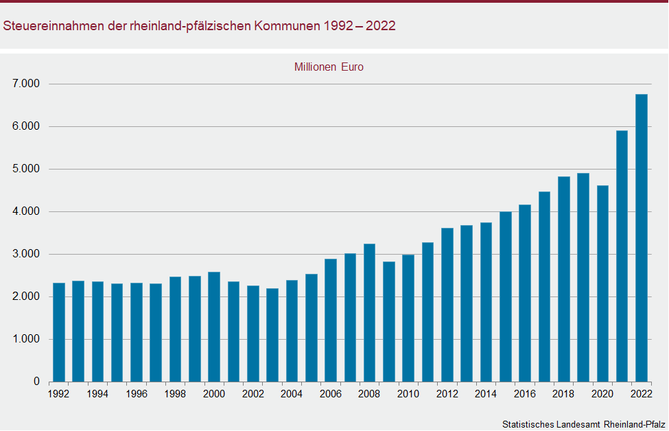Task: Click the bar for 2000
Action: (x=214, y=327)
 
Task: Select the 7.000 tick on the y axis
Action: (x=27, y=84)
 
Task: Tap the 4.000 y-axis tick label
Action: (x=27, y=211)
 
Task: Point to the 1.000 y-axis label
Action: (x=27, y=339)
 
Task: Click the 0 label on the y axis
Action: (x=36, y=382)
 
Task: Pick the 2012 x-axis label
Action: (x=447, y=394)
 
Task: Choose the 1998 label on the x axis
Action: (x=175, y=394)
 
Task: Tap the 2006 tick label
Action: (x=331, y=394)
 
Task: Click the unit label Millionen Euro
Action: (x=329, y=67)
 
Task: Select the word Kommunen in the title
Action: (x=286, y=26)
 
